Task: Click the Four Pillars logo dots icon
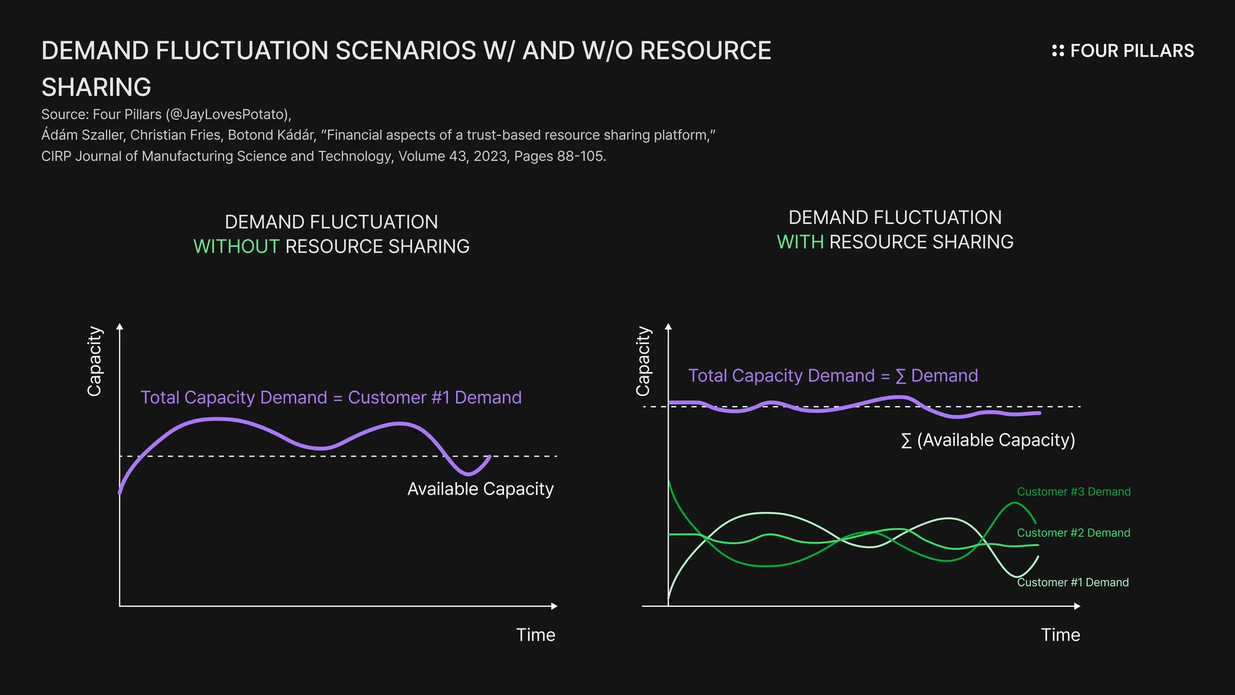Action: pyautogui.click(x=1058, y=51)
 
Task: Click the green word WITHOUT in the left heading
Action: pyautogui.click(x=236, y=247)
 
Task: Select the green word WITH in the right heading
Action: pyautogui.click(x=800, y=242)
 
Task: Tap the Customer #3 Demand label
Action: pyautogui.click(x=1073, y=492)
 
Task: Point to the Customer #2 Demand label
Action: pyautogui.click(x=1073, y=533)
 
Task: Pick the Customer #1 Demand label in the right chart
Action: pyautogui.click(x=1073, y=582)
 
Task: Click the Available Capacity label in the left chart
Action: pyautogui.click(x=480, y=489)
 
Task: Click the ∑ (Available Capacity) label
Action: pyautogui.click(x=988, y=440)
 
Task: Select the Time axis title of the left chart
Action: pyautogui.click(x=535, y=635)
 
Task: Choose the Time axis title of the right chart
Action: pyautogui.click(x=1060, y=635)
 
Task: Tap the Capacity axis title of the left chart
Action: pyautogui.click(x=95, y=361)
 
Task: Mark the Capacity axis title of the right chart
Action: pyautogui.click(x=643, y=361)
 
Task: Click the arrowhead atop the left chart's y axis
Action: pyautogui.click(x=119, y=327)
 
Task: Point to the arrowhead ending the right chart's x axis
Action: pyautogui.click(x=1077, y=606)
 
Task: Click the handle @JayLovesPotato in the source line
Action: pyautogui.click(x=228, y=115)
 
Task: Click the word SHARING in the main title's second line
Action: pyautogui.click(x=96, y=87)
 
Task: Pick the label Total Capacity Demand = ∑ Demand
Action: pyautogui.click(x=833, y=376)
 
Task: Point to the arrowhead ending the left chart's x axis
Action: pyautogui.click(x=554, y=606)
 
